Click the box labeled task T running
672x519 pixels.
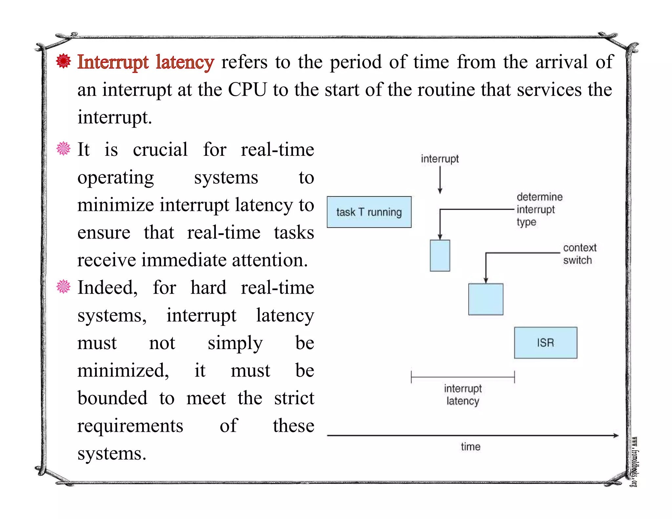pos(369,212)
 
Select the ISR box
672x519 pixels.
pos(545,343)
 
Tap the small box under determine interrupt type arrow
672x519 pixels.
pos(440,256)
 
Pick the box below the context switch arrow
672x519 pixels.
pos(486,299)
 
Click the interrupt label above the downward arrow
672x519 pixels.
pos(440,159)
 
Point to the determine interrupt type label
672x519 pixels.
pos(539,209)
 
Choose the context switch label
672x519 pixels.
pos(579,254)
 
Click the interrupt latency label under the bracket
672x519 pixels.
pos(463,395)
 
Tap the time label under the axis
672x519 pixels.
pos(471,446)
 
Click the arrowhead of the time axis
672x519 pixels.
pos(616,435)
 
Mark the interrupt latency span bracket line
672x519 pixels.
pos(463,377)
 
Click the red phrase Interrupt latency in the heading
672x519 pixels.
pos(146,62)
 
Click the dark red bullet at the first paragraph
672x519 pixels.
pos(63,61)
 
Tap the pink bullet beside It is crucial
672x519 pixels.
pos(63,149)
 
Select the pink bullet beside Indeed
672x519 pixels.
pos(63,286)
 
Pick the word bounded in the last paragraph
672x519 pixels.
pos(112,398)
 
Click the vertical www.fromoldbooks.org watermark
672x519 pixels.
pos(635,462)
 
